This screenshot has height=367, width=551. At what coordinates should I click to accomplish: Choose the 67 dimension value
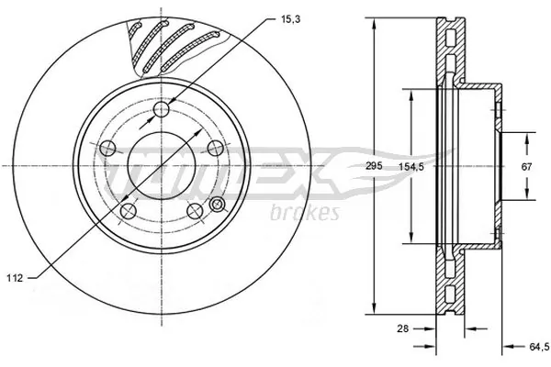[525, 166]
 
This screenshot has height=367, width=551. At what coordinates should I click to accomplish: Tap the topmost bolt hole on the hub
[163, 111]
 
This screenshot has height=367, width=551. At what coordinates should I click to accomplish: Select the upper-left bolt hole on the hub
[107, 147]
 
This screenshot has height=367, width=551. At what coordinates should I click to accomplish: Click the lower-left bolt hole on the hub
[124, 210]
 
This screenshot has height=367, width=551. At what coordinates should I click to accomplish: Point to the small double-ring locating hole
[218, 204]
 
